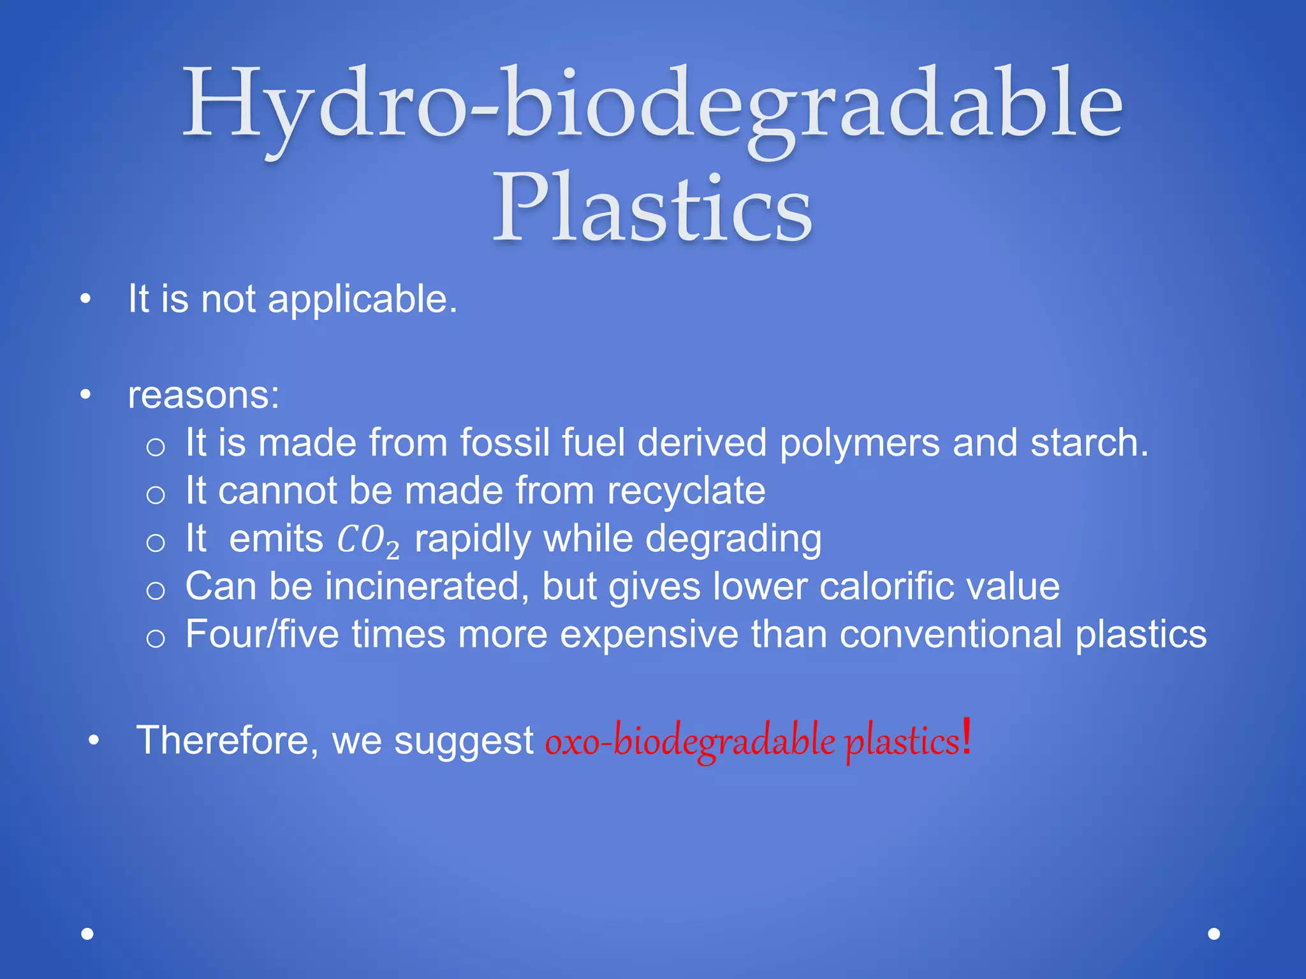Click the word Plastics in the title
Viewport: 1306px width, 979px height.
point(652,208)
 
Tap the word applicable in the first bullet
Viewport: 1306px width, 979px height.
point(362,299)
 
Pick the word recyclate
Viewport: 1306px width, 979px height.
point(686,491)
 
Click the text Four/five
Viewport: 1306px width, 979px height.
point(262,635)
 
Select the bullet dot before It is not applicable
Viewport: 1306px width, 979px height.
point(85,299)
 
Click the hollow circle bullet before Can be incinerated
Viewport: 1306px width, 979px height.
point(156,590)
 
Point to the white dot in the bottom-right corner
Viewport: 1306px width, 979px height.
point(1214,934)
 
